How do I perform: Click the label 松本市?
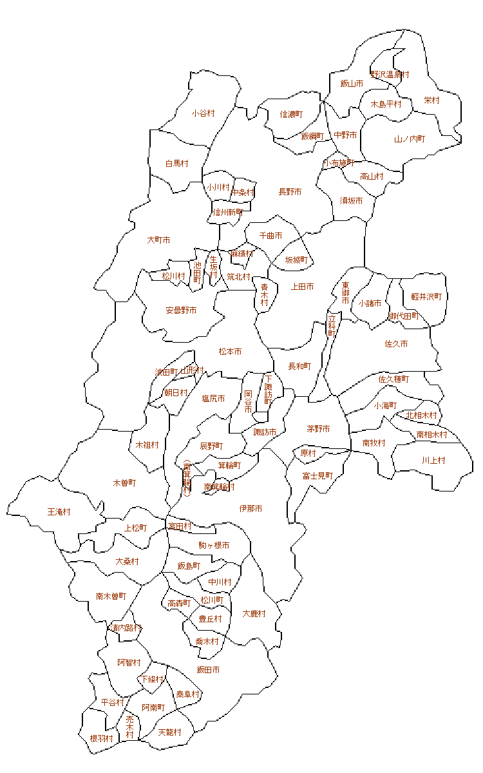[230, 352]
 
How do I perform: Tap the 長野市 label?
[290, 192]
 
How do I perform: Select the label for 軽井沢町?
[427, 297]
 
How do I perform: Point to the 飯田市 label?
[208, 670]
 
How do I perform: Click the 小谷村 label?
[203, 113]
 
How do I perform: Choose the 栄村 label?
[431, 100]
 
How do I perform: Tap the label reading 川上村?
[433, 461]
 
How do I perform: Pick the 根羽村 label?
[102, 738]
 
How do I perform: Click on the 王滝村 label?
[59, 512]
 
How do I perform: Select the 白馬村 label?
[176, 164]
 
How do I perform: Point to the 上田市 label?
[302, 287]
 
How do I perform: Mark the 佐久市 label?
[396, 344]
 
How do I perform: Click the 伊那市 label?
[251, 509]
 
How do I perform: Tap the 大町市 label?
[158, 240]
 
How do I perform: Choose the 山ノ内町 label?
[410, 139]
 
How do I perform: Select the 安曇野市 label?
[182, 310]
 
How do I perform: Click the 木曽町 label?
[124, 482]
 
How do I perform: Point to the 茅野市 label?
[318, 428]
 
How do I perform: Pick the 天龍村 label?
[169, 732]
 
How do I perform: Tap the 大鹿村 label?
[254, 614]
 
